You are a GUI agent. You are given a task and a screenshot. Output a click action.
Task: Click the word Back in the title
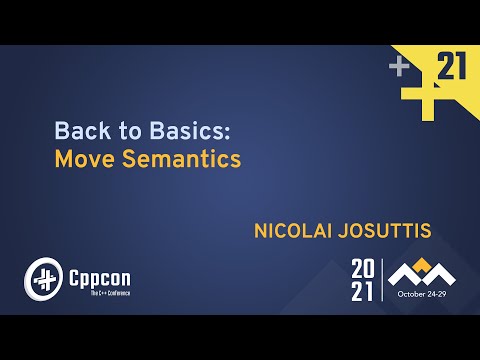coord(76,130)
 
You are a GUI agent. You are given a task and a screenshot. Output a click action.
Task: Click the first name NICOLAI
coord(298,231)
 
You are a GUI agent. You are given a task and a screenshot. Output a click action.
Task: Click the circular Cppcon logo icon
coord(42,277)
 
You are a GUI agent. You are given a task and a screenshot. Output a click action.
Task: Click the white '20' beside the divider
coord(363,268)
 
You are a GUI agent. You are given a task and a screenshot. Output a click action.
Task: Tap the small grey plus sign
coord(400,66)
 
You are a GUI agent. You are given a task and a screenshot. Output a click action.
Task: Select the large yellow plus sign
coord(425,93)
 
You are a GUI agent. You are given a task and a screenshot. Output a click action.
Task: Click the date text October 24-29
coord(424,294)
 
